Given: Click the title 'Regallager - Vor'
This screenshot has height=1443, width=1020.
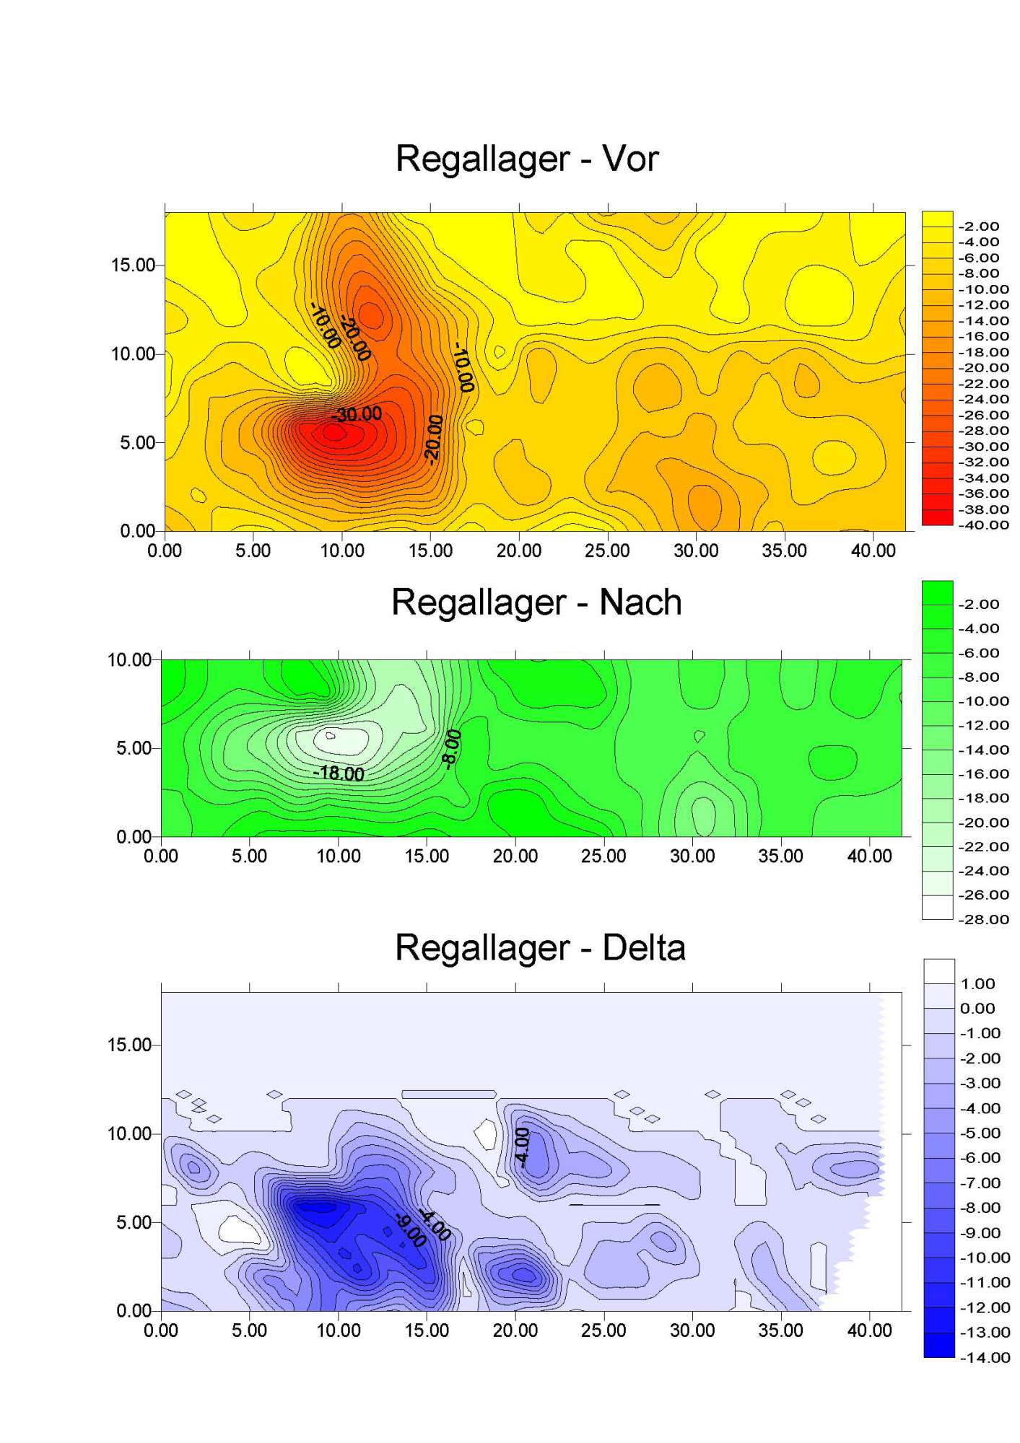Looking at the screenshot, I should (526, 159).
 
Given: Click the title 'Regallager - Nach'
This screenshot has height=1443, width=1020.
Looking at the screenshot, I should (536, 602).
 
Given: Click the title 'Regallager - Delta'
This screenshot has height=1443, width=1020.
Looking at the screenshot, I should (539, 947).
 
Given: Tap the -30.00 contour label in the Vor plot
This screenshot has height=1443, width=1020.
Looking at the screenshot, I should (357, 414).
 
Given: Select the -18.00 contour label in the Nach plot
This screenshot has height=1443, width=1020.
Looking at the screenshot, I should (339, 773).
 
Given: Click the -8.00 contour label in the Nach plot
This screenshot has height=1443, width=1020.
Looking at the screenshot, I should (451, 750).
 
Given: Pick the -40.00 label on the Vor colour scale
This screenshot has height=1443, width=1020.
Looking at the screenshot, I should (983, 525).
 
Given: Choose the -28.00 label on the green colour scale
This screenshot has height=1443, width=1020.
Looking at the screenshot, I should (983, 919).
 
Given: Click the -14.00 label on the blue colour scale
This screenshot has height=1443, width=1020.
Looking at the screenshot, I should (985, 1357).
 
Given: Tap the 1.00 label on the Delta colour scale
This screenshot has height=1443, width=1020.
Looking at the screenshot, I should (977, 984).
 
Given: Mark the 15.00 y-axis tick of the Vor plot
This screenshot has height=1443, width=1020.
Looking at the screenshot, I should (133, 266).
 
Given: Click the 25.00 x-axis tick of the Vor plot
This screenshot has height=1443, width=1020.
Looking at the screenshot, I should (607, 551).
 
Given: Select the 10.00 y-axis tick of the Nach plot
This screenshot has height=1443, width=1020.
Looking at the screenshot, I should (129, 659).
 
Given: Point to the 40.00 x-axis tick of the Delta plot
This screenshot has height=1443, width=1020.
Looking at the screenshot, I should (869, 1330).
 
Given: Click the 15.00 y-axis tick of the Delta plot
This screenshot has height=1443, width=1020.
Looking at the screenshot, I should (129, 1045).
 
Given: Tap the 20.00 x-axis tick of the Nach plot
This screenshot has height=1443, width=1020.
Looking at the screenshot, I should (515, 856).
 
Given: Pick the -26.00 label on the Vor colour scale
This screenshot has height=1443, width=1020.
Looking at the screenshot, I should (983, 415).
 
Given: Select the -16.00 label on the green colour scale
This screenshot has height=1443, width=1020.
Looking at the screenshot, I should (983, 773).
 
